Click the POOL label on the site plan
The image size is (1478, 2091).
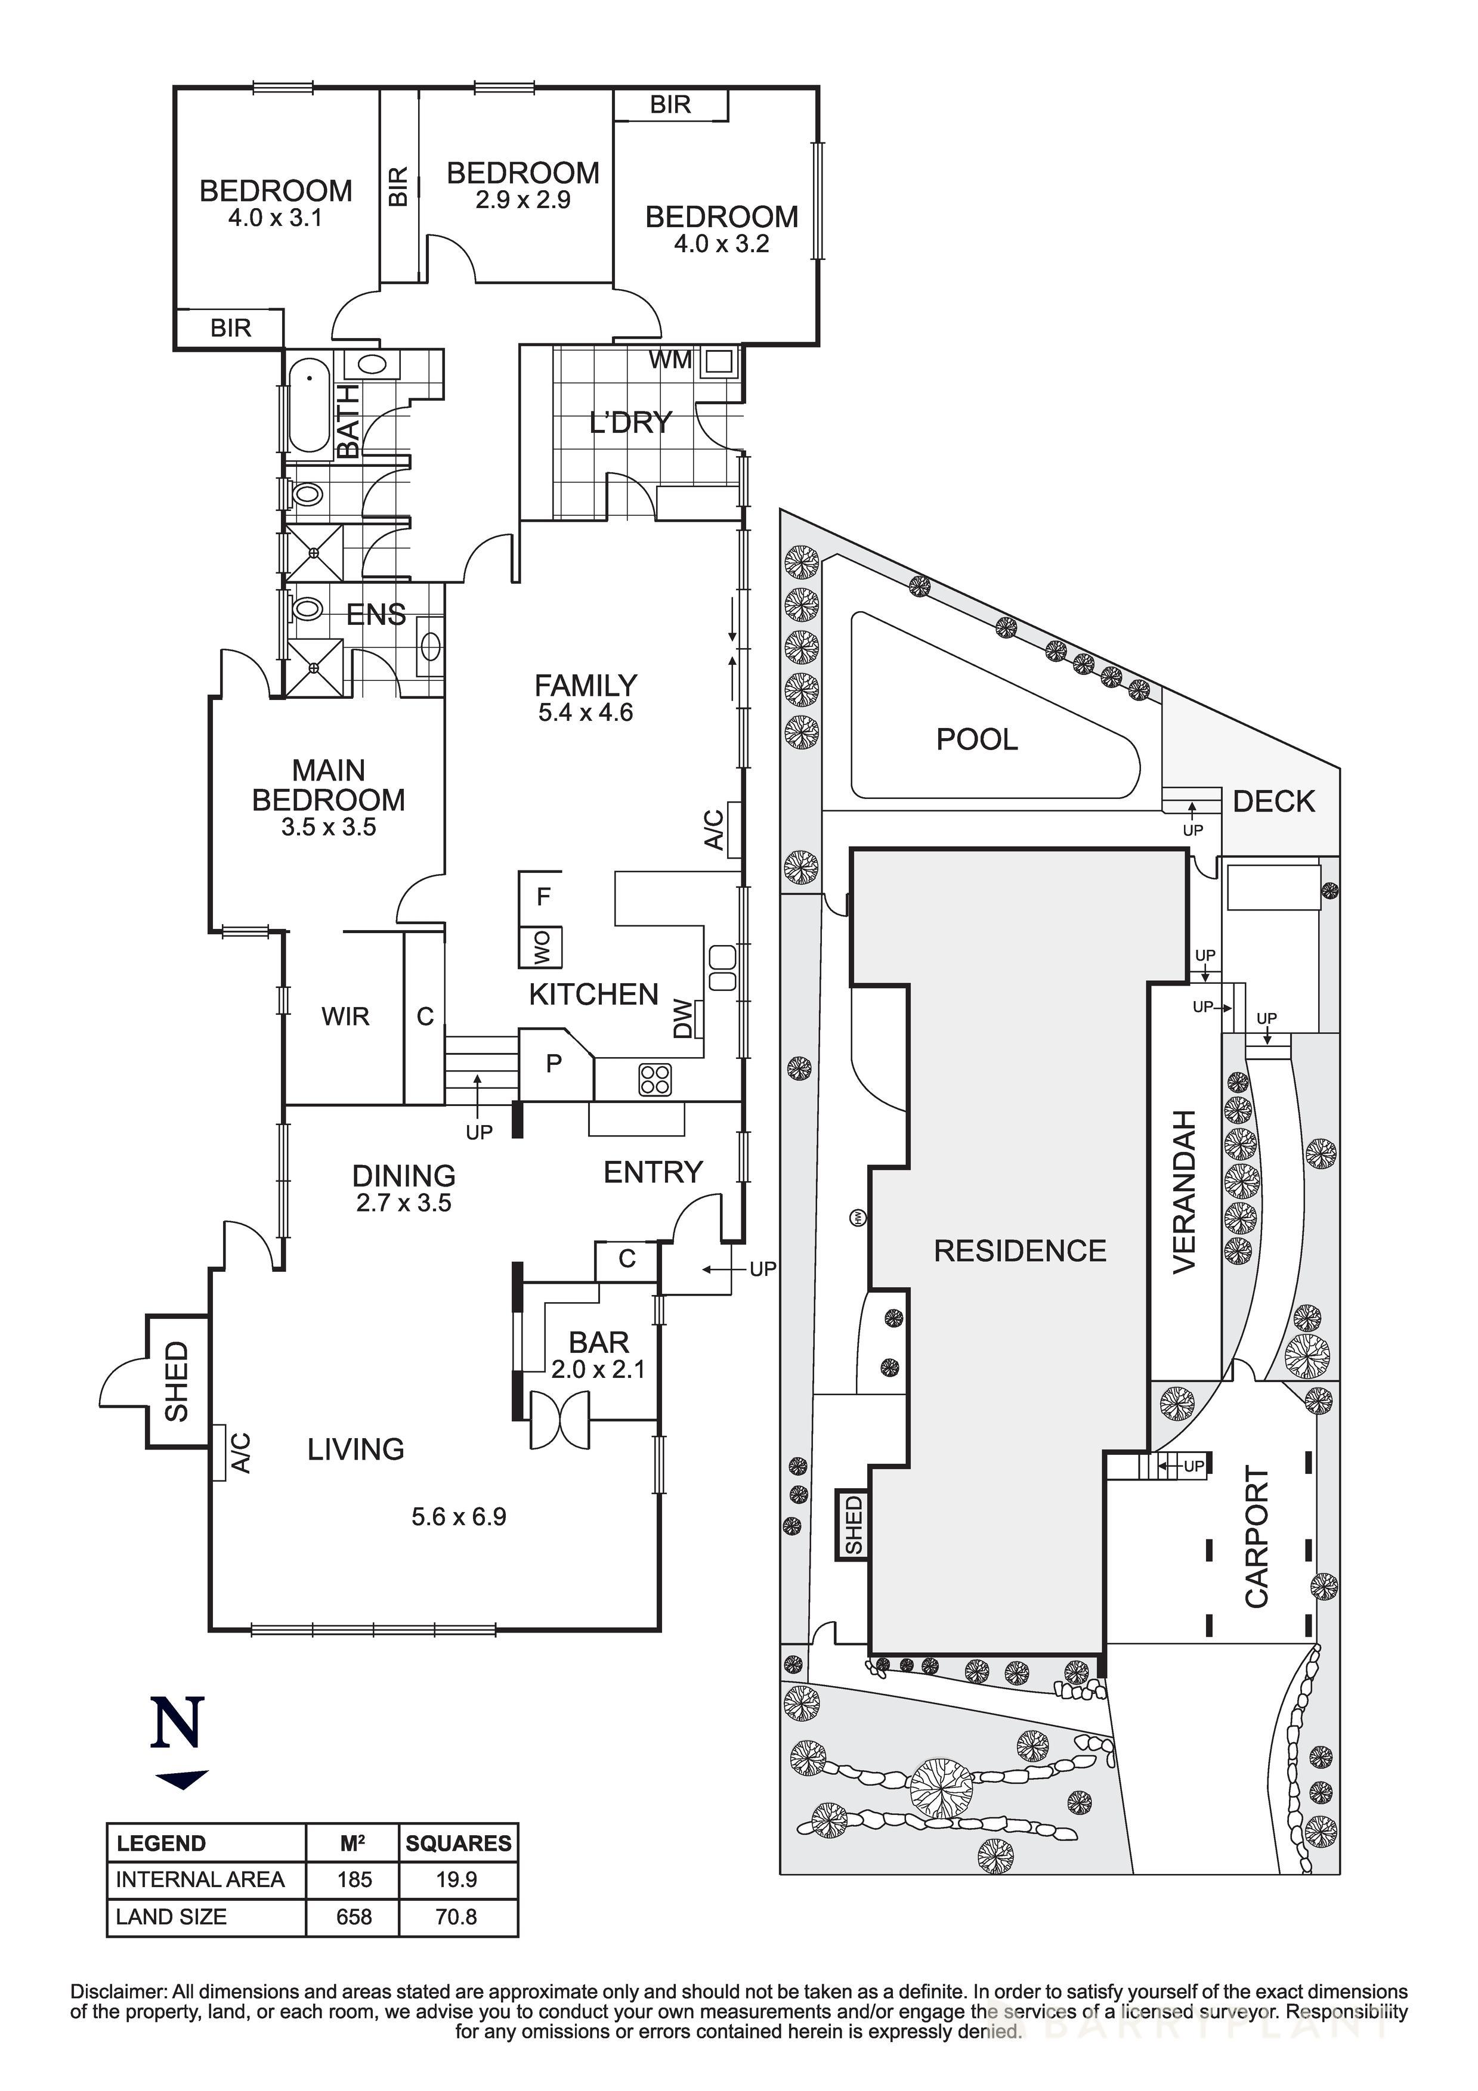[977, 739]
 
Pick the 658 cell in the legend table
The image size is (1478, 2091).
[354, 1917]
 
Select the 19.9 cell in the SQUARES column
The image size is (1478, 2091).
[456, 1880]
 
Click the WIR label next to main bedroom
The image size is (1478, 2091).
[345, 1017]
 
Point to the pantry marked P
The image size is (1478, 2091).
[553, 1063]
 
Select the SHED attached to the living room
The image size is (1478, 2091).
[177, 1381]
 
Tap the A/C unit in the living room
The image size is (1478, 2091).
[219, 1452]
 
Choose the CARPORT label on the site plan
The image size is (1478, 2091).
[1257, 1538]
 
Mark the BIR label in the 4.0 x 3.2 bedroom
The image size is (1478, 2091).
[670, 106]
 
